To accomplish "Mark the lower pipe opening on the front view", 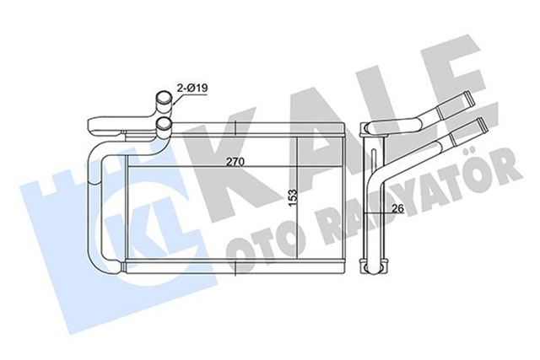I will click(164, 127).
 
